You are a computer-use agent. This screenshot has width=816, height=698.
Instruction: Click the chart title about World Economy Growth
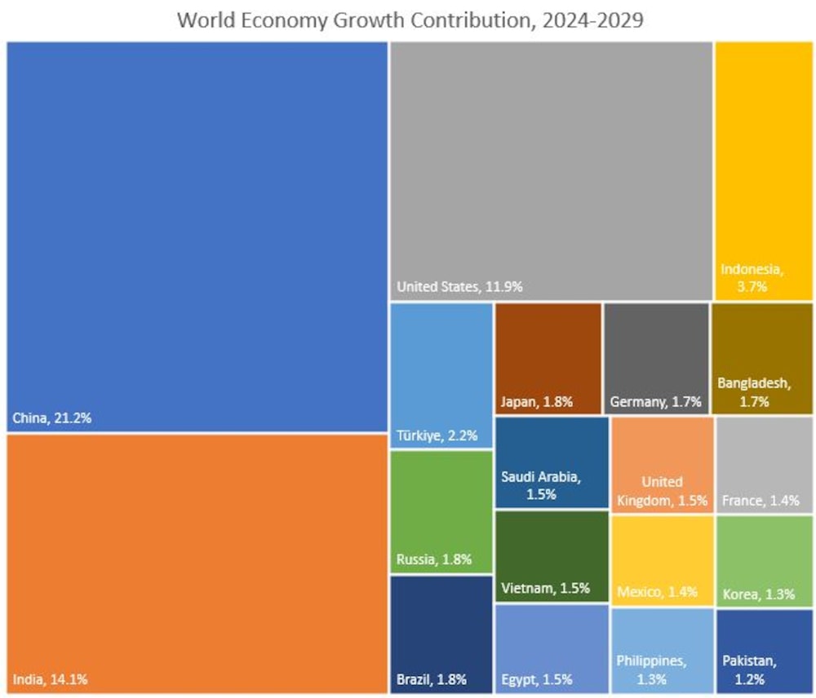click(410, 20)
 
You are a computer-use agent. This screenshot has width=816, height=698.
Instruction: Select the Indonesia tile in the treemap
click(764, 171)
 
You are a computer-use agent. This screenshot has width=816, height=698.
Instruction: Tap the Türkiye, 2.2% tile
click(441, 375)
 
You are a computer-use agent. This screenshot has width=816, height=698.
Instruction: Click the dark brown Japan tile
click(548, 358)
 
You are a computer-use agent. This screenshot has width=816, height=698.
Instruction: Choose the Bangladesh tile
click(762, 358)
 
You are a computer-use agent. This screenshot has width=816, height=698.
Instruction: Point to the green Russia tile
click(441, 512)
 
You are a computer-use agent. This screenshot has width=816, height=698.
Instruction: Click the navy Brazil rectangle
click(441, 634)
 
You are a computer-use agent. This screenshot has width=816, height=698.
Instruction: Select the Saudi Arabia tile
click(552, 463)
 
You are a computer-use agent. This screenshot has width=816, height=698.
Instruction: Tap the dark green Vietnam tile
click(552, 557)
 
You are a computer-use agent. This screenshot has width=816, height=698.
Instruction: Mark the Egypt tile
click(552, 649)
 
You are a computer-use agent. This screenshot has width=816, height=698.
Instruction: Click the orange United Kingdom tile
click(662, 465)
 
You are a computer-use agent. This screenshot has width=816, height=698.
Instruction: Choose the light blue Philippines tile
click(662, 651)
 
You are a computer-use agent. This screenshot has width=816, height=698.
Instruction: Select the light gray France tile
click(764, 465)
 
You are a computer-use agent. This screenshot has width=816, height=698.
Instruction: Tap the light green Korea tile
click(764, 561)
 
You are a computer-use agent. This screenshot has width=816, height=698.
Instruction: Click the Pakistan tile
click(764, 651)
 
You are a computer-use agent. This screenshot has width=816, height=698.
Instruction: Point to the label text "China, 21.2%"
click(51, 419)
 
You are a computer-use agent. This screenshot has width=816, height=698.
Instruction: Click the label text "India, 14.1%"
click(50, 678)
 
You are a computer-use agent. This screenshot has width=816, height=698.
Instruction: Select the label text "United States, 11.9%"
click(459, 287)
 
